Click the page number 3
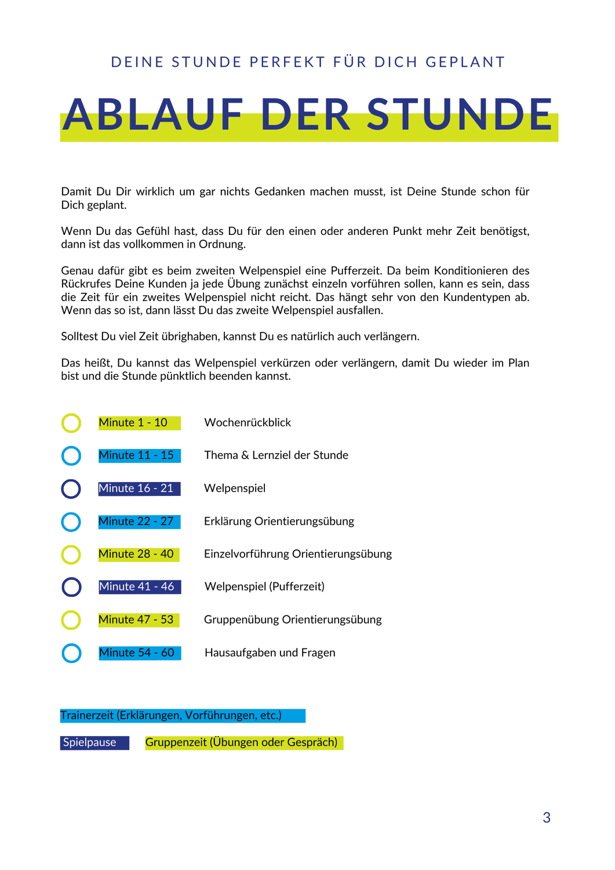click(x=546, y=818)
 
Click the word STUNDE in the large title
click(x=460, y=115)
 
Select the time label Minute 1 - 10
click(x=133, y=423)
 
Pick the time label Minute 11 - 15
click(x=136, y=455)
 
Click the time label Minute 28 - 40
click(x=136, y=554)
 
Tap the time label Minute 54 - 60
click(x=137, y=652)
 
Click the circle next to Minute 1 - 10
click(x=71, y=423)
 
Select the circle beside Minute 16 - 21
click(x=71, y=488)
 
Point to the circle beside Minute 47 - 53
click(x=71, y=619)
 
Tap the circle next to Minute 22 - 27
click(x=71, y=521)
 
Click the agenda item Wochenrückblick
click(x=248, y=423)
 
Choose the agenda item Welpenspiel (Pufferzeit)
click(x=264, y=586)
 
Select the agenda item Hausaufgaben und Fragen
click(x=270, y=652)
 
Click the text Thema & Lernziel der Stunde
click(x=276, y=455)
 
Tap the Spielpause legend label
click(x=90, y=742)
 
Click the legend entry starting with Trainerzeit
click(x=171, y=715)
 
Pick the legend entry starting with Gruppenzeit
click(x=241, y=742)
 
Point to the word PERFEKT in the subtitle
click(x=288, y=62)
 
